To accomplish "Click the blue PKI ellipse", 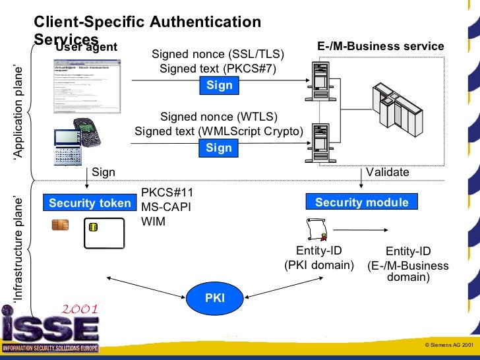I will [x=215, y=297].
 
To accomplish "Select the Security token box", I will [x=90, y=203].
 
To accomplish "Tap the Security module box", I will [x=361, y=202].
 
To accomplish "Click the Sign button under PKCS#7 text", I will [x=220, y=86].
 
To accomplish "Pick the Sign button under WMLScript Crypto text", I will [x=219, y=148].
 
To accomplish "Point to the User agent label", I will [x=86, y=47].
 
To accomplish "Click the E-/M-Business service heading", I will [x=380, y=46].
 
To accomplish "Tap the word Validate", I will [x=388, y=172].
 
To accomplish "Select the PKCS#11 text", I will [x=167, y=193].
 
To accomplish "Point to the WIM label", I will [x=153, y=222].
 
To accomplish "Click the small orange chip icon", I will [x=60, y=225].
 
